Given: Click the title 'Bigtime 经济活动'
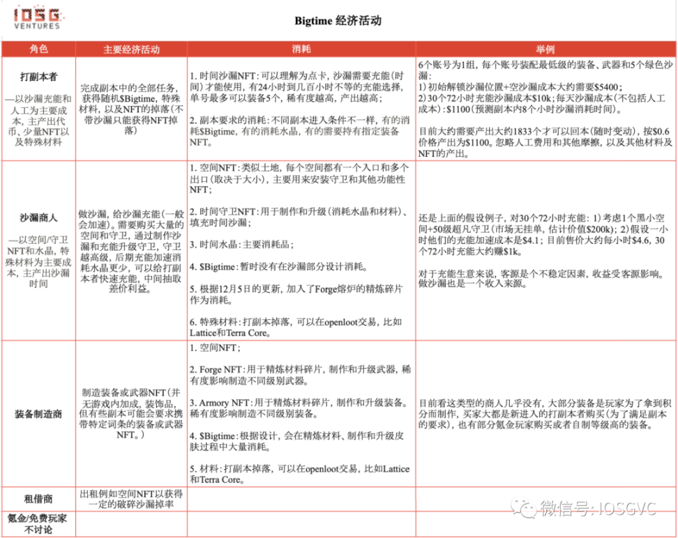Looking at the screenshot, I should [x=338, y=21].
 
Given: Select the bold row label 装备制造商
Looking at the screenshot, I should [x=38, y=414].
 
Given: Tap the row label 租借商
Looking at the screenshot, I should [x=38, y=499].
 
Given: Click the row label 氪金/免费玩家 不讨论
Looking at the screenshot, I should [x=38, y=523].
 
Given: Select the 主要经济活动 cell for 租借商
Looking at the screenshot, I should [x=131, y=499].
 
